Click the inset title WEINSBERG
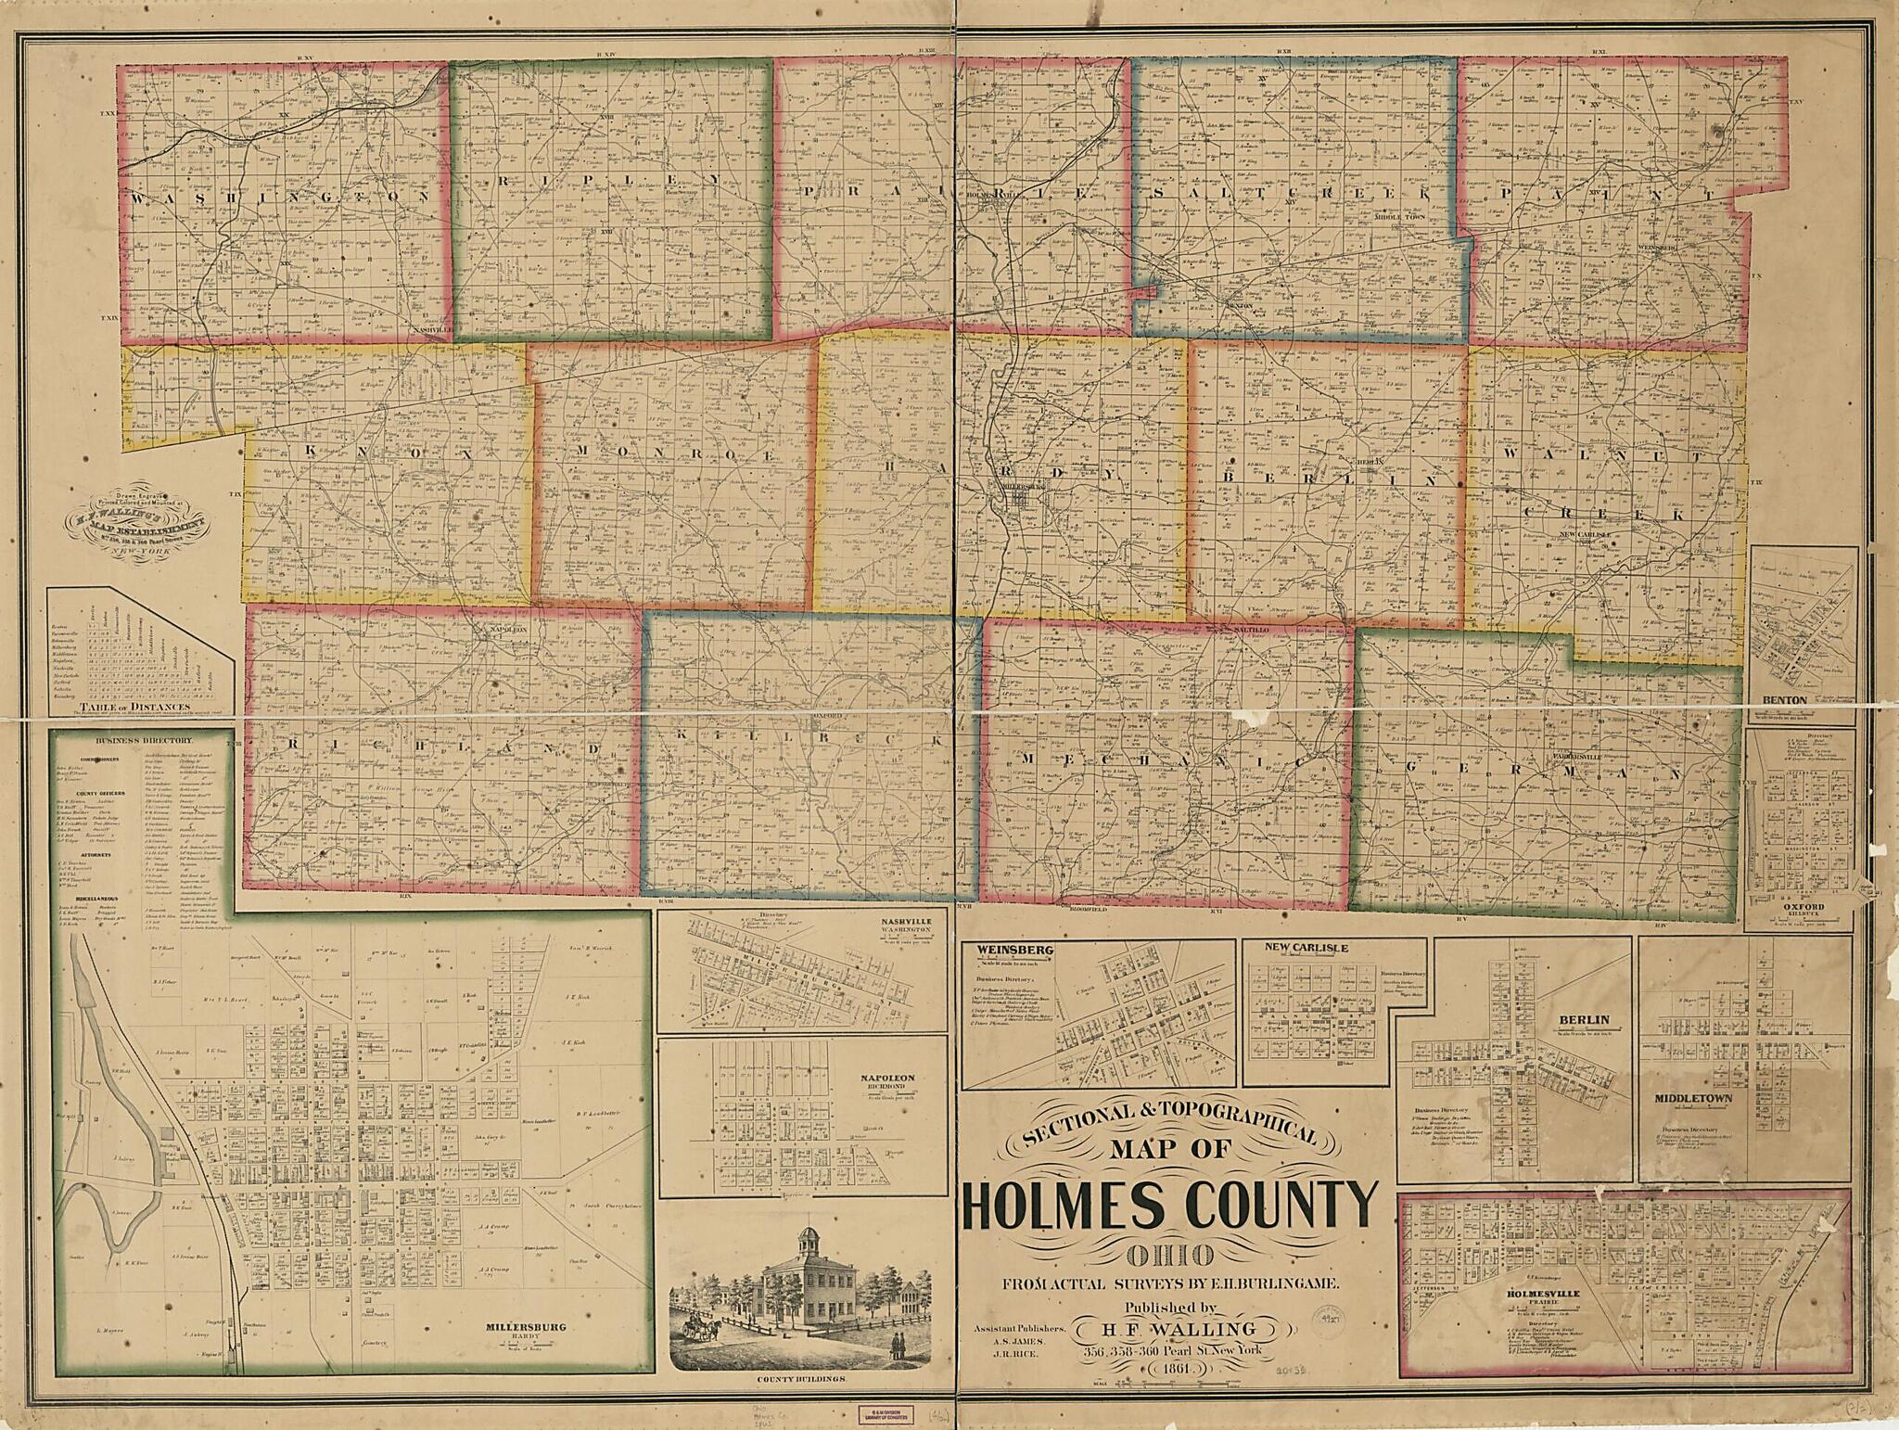[x=1000, y=950]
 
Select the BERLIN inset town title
[x=1582, y=1020]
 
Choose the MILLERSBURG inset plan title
[x=527, y=1326]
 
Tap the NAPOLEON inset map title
[x=891, y=1078]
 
